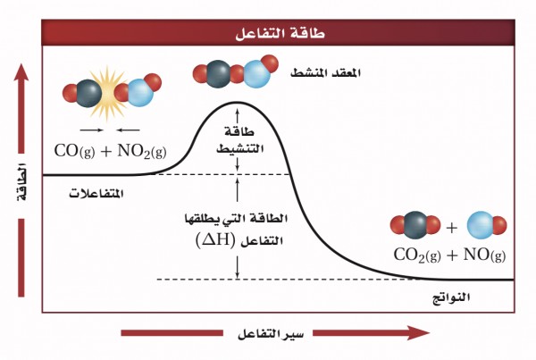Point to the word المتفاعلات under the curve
click(96, 194)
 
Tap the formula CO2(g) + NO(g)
click(449, 255)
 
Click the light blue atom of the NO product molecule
click(480, 224)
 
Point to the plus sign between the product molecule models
click(451, 225)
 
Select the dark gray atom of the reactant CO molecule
click(87, 92)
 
